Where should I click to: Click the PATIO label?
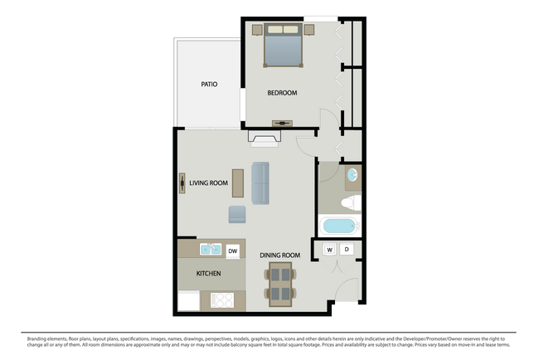209,84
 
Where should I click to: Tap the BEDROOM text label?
282,93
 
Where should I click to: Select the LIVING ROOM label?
208,182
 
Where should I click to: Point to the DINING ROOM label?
279,255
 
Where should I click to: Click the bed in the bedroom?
283,46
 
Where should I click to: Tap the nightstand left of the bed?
257,30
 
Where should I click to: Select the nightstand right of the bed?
309,30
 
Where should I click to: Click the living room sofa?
260,182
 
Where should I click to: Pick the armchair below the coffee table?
238,214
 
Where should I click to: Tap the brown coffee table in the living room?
238,182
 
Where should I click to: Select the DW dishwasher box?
232,251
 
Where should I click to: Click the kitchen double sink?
209,250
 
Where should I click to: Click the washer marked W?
329,249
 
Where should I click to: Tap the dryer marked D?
347,249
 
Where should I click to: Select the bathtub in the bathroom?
339,226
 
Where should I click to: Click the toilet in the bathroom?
351,202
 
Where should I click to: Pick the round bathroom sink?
352,175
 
